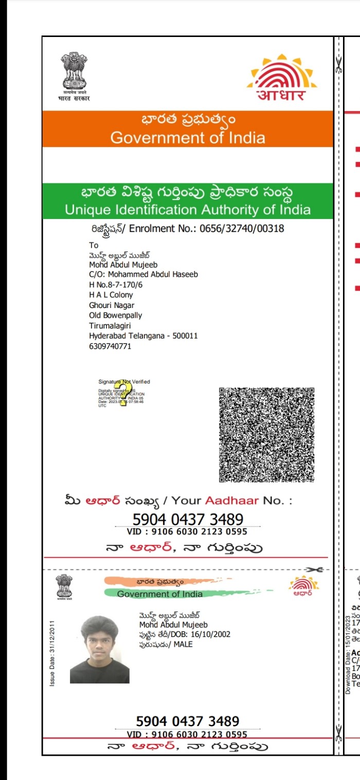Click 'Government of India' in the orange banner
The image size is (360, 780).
188,138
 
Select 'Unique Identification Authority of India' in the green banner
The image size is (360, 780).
188,210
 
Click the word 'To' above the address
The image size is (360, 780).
94,245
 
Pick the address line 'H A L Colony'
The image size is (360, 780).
111,295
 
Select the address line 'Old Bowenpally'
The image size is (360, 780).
116,315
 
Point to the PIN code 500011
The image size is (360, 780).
186,336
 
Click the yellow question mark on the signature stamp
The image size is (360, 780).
123,393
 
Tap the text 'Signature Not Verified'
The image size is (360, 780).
124,382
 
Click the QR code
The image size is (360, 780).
266,434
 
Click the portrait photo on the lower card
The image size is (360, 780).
100,650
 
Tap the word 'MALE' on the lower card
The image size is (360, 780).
183,644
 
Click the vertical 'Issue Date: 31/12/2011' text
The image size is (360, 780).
52,653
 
